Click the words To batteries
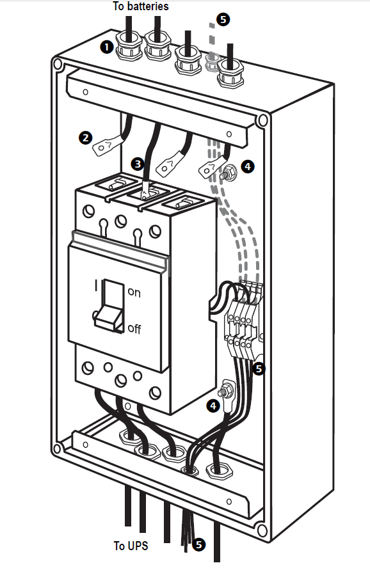tap(141, 6)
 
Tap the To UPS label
tap(131, 546)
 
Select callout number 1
tap(107, 47)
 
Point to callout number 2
tap(86, 138)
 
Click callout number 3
tap(138, 164)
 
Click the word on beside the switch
tap(134, 292)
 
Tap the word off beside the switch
tap(134, 328)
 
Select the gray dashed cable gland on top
tap(213, 62)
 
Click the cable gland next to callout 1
tap(129, 45)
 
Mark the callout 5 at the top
tap(223, 19)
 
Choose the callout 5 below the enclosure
tap(198, 544)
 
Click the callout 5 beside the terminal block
tap(259, 369)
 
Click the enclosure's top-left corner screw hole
tap(58, 65)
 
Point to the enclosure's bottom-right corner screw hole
tap(261, 530)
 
